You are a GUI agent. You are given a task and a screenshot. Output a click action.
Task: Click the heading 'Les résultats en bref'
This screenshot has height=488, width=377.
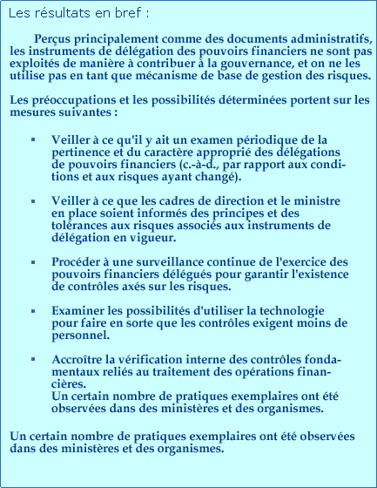pos(79,14)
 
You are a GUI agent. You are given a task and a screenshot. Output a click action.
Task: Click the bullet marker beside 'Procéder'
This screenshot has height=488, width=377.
pos(31,261)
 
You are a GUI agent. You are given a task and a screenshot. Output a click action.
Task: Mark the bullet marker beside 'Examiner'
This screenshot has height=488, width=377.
pos(31,310)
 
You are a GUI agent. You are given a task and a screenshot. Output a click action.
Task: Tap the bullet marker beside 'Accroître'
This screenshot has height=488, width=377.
pos(31,360)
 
